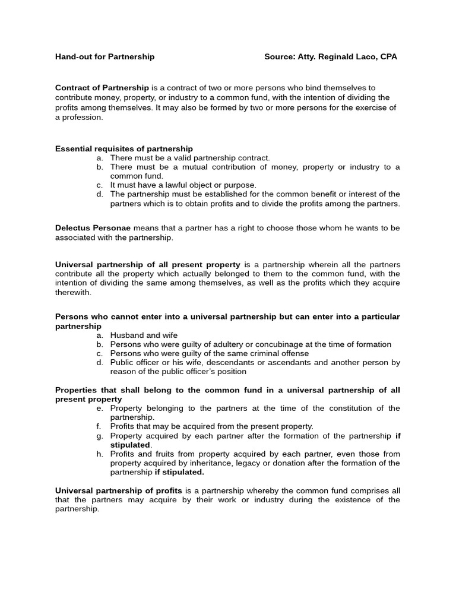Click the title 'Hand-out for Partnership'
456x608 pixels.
(x=104, y=57)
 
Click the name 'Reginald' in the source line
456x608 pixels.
(x=344, y=57)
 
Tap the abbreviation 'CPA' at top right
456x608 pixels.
(x=387, y=57)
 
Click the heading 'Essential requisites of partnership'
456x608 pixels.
(x=123, y=148)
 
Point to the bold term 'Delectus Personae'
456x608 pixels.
(x=93, y=228)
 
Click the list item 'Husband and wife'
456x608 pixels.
(x=144, y=335)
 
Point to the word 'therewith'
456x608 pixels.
(x=73, y=292)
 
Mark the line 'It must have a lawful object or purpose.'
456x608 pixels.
(x=183, y=185)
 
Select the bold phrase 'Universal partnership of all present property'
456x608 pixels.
(x=147, y=265)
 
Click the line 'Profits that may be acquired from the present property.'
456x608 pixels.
(x=211, y=426)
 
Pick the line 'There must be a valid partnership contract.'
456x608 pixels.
(x=190, y=158)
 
